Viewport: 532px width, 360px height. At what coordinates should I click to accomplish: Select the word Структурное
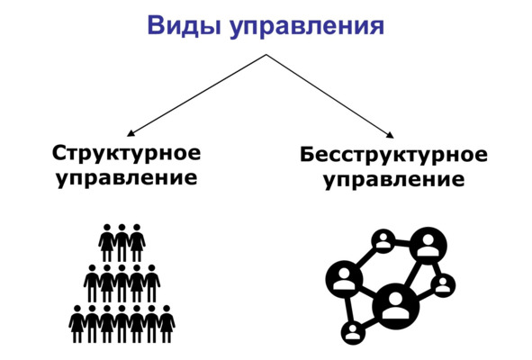click(x=127, y=153)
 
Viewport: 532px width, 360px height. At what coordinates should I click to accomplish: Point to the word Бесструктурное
click(x=394, y=155)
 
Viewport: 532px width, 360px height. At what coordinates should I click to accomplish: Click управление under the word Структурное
click(x=127, y=178)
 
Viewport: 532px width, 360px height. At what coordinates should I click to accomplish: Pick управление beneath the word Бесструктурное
click(x=394, y=179)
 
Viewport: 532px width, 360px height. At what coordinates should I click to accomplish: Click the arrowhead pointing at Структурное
click(x=131, y=133)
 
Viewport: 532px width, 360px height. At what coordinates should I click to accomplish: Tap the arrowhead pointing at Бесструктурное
click(x=390, y=135)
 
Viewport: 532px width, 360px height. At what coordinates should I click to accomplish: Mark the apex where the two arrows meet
click(x=266, y=54)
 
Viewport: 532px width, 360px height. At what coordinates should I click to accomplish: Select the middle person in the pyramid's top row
click(x=122, y=242)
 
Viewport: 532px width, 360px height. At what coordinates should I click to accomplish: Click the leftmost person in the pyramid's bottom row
click(x=77, y=324)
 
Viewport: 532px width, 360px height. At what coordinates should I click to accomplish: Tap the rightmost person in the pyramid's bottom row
click(x=167, y=324)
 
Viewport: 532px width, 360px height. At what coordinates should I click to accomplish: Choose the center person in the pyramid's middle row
click(x=122, y=283)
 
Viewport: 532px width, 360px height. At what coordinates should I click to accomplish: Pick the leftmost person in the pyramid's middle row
click(x=92, y=283)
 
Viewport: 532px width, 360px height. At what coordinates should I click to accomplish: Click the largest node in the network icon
click(x=395, y=306)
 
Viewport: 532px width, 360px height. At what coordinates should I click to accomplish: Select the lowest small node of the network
click(x=353, y=332)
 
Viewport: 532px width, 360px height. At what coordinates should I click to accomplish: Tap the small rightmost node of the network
click(x=443, y=284)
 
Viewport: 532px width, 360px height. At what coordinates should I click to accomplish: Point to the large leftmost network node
click(x=344, y=279)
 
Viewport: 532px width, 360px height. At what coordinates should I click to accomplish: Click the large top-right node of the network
click(x=428, y=246)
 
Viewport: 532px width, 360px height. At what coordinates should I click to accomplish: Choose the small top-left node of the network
click(x=383, y=241)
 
